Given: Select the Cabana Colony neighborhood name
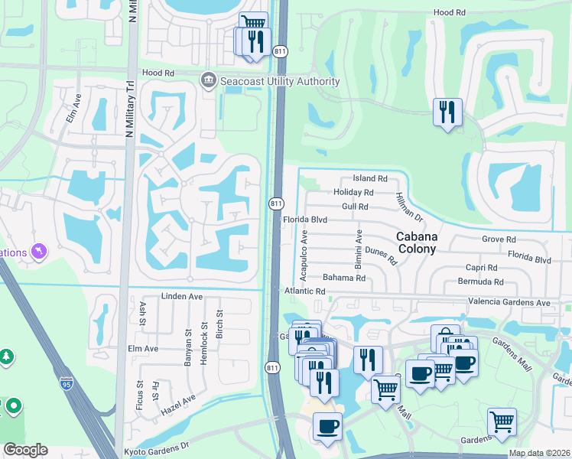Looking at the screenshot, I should coord(417,243).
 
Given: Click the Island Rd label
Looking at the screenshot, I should coord(370,178).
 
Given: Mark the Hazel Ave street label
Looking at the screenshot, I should coord(178,403).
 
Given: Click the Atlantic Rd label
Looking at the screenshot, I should coord(304,291).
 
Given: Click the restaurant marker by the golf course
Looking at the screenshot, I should coord(446,112).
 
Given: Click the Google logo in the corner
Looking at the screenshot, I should coord(25,449).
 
